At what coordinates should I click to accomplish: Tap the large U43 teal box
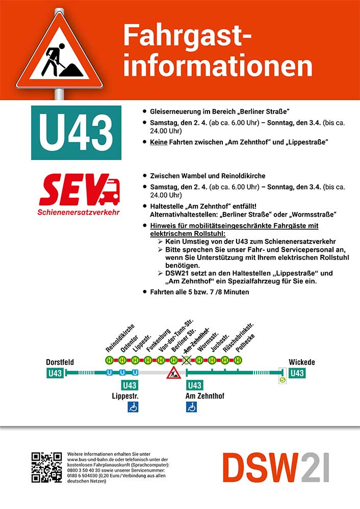76,132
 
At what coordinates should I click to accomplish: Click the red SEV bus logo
79,190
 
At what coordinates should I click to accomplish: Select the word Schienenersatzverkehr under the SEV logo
79,211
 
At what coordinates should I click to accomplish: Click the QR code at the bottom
46,467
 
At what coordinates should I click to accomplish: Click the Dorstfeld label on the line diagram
60,362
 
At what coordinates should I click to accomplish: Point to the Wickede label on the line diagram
301,362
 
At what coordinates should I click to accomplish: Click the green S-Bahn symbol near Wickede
282,379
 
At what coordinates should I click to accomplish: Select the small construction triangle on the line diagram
174,373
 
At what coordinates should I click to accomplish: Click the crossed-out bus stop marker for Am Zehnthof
186,360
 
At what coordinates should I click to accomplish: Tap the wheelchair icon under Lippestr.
133,407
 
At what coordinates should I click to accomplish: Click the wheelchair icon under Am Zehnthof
192,407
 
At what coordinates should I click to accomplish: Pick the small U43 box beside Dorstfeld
55,373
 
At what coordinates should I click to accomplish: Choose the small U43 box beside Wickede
297,373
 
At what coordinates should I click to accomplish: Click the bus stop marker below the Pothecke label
238,360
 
